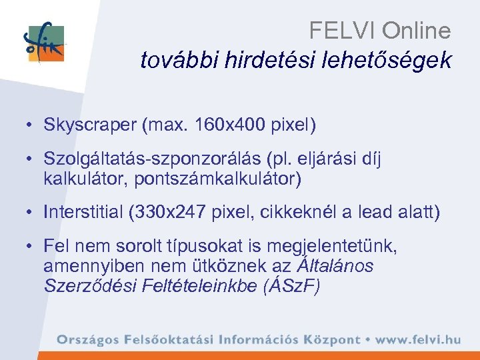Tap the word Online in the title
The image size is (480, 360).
pos(419,31)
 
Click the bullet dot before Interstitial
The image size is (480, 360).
pos(31,213)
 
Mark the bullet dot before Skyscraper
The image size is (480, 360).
pos(31,125)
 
